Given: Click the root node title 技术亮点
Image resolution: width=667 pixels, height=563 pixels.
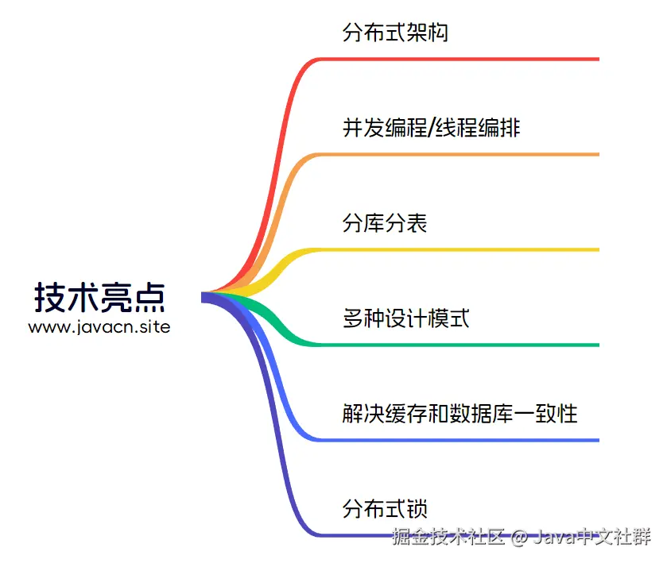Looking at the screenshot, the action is click(x=99, y=298).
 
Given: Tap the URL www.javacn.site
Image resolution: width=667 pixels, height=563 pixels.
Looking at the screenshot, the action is click(x=99, y=327).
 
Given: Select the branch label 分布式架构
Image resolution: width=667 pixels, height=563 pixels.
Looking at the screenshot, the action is click(x=395, y=33).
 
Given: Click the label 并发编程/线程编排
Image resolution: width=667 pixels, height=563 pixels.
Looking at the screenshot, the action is click(x=432, y=128).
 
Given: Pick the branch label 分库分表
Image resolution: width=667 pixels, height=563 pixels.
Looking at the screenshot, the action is click(x=385, y=223).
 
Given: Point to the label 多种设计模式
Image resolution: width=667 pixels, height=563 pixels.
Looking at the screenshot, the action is click(x=405, y=318).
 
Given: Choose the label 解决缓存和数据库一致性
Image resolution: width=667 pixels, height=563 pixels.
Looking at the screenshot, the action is click(x=460, y=414).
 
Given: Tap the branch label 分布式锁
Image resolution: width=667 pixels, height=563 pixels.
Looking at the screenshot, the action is click(x=385, y=509).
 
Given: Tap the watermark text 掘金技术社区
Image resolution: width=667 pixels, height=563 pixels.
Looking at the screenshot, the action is click(x=448, y=536).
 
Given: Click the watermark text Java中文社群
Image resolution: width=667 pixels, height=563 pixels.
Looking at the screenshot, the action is click(x=592, y=536).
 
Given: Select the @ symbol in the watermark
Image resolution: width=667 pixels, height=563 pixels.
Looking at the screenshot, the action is click(x=519, y=537).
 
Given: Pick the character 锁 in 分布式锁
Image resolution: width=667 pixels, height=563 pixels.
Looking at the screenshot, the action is click(x=417, y=509).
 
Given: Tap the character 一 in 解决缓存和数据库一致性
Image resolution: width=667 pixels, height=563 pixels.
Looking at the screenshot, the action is click(x=524, y=414).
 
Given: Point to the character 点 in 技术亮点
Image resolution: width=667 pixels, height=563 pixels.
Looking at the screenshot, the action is click(x=149, y=298).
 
